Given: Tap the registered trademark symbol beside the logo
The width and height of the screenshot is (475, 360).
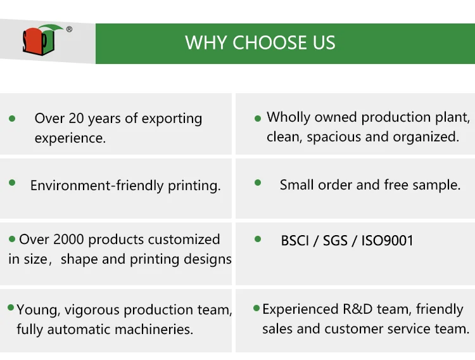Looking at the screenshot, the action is pyautogui.click(x=69, y=29).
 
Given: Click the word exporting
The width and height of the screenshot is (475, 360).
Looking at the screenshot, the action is pyautogui.click(x=172, y=119).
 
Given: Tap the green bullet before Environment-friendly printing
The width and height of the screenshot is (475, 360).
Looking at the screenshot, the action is pyautogui.click(x=12, y=183).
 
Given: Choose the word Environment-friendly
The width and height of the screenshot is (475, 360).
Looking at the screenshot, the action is pyautogui.click(x=97, y=185).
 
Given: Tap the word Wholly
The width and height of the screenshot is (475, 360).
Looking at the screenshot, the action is pyautogui.click(x=288, y=118).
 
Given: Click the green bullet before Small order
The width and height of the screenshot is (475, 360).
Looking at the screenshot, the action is pyautogui.click(x=258, y=183).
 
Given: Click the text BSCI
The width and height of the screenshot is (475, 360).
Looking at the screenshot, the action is pyautogui.click(x=294, y=241).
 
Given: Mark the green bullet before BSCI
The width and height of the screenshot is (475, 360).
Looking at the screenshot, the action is pyautogui.click(x=258, y=239).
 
